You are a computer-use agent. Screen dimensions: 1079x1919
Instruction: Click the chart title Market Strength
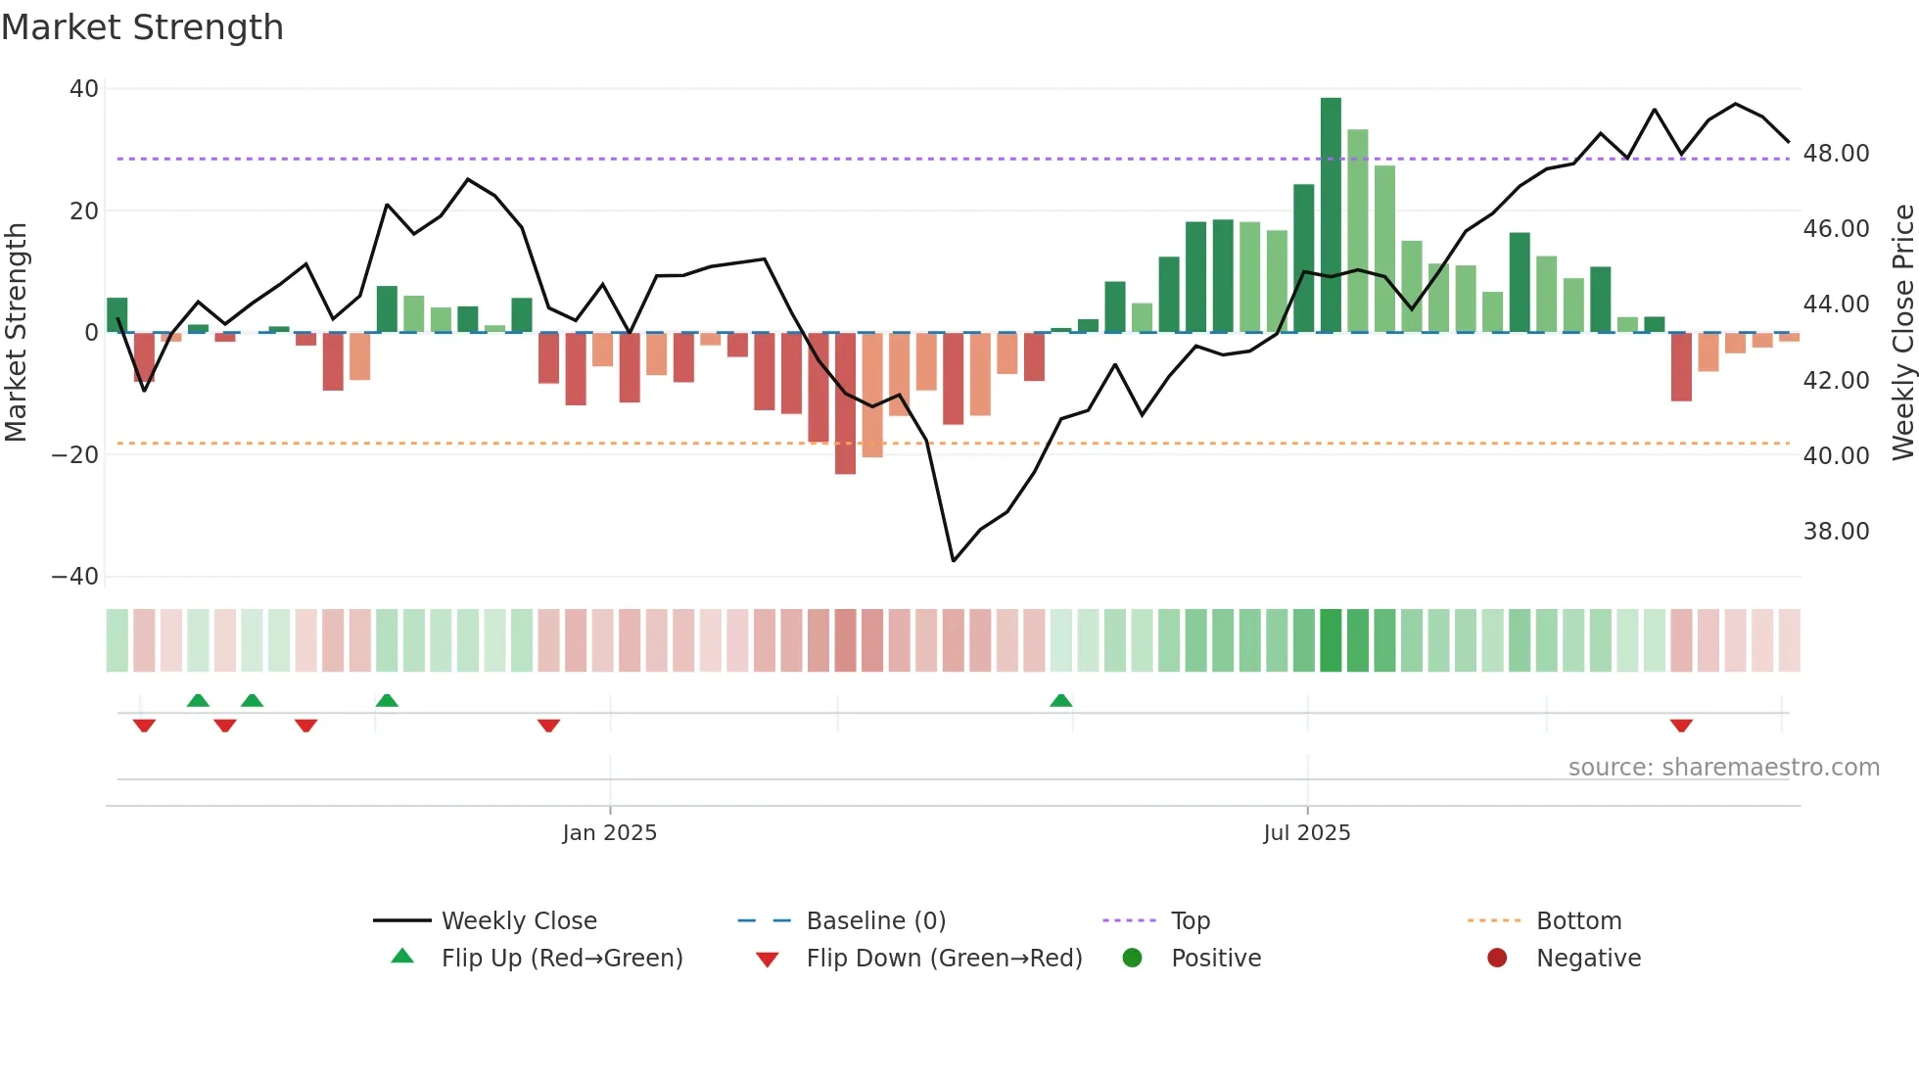142,27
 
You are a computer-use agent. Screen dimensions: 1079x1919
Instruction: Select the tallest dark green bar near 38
1331,215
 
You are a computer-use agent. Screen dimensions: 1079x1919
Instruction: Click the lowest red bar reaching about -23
845,403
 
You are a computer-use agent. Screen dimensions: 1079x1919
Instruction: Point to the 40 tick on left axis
84,89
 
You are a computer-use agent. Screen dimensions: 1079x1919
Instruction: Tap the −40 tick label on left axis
75,577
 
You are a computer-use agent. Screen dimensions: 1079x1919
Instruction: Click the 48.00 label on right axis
1836,154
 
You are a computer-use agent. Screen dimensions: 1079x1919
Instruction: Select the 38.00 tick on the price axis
1836,532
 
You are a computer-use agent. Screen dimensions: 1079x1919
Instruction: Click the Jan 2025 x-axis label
609,833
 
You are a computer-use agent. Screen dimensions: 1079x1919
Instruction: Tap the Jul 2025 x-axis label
1306,833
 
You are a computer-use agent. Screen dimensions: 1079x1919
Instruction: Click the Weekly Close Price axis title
1902,333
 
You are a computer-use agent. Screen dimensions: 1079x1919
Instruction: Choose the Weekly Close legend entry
518,921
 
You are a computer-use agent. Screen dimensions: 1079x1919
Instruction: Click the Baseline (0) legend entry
875,921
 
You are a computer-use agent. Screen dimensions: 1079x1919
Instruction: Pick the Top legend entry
1190,921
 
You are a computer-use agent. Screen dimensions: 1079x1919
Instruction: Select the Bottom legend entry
1578,921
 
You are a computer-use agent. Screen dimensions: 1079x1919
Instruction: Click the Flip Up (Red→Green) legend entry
561,959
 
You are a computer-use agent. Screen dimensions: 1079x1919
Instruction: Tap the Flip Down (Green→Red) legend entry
944,959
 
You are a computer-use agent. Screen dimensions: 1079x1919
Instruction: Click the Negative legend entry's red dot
1497,959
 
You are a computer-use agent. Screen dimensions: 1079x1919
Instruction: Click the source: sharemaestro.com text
1723,768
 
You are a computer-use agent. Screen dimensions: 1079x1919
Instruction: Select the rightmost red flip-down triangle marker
1681,726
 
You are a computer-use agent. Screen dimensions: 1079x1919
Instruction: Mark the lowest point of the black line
954,561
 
